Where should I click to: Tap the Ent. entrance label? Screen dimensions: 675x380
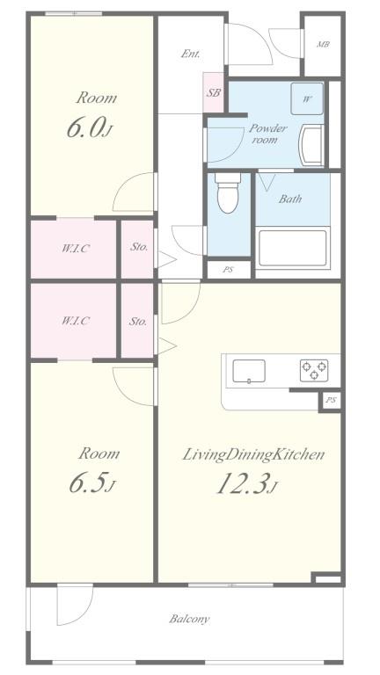tap(191, 54)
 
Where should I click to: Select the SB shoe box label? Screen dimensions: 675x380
tap(214, 92)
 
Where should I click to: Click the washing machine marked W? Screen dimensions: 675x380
tap(307, 98)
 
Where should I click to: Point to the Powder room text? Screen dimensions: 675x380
tap(267, 134)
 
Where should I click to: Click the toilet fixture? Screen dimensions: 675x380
tap(228, 194)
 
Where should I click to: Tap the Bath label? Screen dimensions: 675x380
tap(291, 199)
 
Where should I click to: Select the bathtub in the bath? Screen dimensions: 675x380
tap(292, 251)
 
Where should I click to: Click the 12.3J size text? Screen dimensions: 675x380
tap(247, 484)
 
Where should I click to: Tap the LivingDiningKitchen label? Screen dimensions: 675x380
tap(254, 454)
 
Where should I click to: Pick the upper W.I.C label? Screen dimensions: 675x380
tap(75, 248)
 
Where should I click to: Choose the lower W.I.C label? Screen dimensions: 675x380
tap(75, 321)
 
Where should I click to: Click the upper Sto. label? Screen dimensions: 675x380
tap(139, 247)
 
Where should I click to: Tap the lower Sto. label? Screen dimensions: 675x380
tap(138, 321)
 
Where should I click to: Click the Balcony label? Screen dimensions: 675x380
tap(189, 619)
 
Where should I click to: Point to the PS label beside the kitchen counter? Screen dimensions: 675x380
tap(330, 400)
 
